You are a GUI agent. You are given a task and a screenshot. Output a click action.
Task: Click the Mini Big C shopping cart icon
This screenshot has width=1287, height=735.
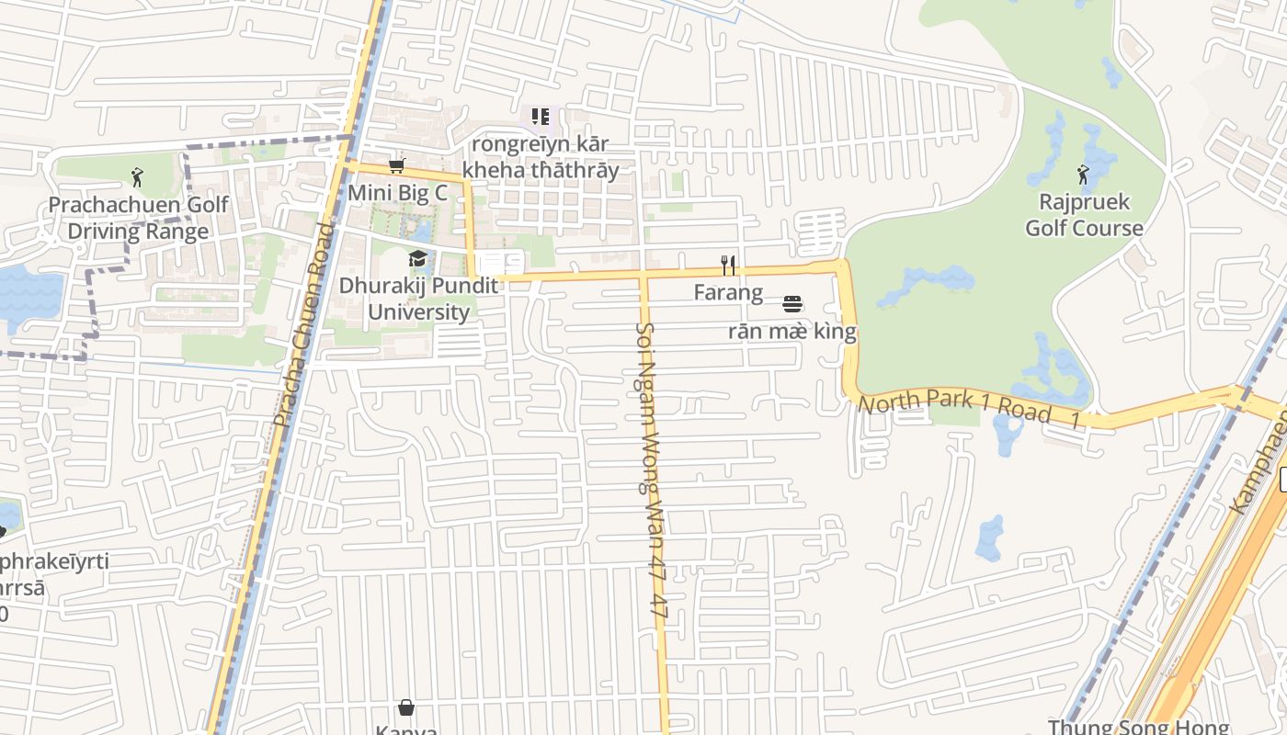click(396, 165)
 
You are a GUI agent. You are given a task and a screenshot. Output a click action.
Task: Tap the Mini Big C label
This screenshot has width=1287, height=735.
click(397, 194)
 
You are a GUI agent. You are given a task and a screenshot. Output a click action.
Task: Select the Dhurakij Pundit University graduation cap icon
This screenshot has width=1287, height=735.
click(418, 258)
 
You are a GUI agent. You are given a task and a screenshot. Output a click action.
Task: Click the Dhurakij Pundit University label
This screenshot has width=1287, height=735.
click(418, 299)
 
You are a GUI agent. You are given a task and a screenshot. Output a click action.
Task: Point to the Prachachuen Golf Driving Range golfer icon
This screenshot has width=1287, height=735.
click(138, 176)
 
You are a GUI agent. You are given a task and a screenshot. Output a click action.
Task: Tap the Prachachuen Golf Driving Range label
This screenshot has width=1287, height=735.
click(138, 218)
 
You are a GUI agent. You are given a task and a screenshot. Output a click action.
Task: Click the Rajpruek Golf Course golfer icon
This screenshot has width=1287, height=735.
click(1084, 174)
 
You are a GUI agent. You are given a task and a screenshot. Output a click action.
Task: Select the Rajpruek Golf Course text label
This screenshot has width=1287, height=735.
click(1084, 215)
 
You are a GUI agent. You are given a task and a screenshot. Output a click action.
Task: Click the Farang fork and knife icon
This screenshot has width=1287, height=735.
click(728, 266)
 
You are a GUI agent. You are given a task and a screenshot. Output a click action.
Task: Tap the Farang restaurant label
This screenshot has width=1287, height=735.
click(728, 293)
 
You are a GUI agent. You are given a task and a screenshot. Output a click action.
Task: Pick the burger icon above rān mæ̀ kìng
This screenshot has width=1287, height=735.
click(792, 304)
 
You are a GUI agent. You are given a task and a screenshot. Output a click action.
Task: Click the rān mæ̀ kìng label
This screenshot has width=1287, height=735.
click(792, 332)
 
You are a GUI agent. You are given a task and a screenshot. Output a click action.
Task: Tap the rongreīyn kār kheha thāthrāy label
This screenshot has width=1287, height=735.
click(541, 157)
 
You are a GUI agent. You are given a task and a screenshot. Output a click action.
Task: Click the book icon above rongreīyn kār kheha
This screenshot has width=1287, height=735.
click(541, 117)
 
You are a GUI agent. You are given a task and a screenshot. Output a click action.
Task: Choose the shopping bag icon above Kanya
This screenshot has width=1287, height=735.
click(406, 707)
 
